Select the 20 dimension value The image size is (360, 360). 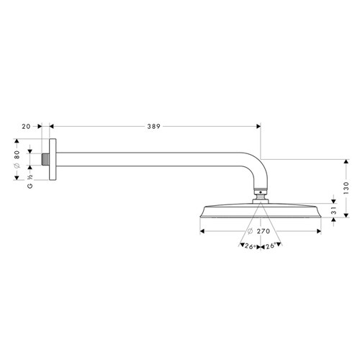point(27,126)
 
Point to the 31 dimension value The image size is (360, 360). point(332,212)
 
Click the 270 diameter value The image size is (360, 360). point(263,232)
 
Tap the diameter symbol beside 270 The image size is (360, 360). point(249,232)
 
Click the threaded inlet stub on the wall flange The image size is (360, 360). point(46,158)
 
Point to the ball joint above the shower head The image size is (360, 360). point(260,194)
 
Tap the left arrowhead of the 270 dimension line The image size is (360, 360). point(202,232)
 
